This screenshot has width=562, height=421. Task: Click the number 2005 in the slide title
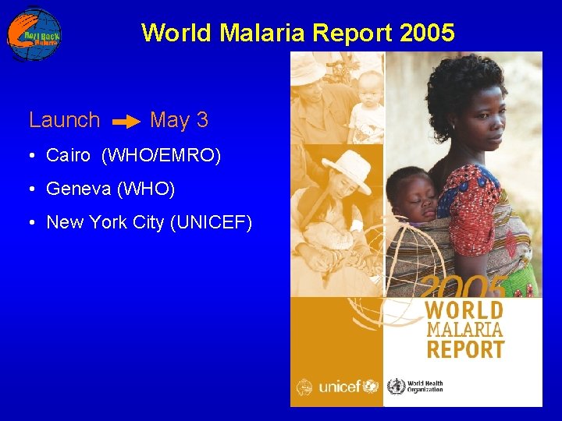tap(425, 33)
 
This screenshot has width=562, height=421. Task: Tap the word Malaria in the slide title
tap(263, 33)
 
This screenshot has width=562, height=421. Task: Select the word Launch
tap(64, 120)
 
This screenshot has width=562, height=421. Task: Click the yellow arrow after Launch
tap(126, 122)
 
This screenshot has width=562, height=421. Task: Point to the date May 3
tap(179, 120)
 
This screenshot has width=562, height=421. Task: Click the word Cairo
tap(69, 155)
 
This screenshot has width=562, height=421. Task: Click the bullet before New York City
tap(30, 223)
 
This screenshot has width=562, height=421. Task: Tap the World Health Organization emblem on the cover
tap(397, 386)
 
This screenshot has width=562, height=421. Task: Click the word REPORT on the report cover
tap(465, 348)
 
